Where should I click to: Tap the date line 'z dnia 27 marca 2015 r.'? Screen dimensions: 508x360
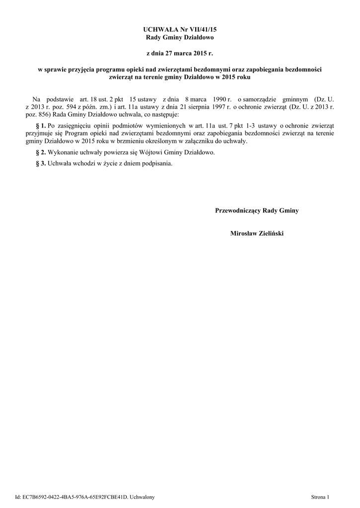coord(180,52)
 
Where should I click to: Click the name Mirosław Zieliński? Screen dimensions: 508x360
coord(257,233)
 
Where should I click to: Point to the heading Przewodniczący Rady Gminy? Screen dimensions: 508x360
coord(257,211)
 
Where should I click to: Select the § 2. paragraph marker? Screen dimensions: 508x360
coord(41,152)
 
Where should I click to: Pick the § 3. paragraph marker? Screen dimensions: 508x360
coord(41,163)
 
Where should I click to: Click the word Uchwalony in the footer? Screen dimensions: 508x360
coord(142,496)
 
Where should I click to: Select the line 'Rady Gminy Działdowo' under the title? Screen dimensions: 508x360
coord(180,38)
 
